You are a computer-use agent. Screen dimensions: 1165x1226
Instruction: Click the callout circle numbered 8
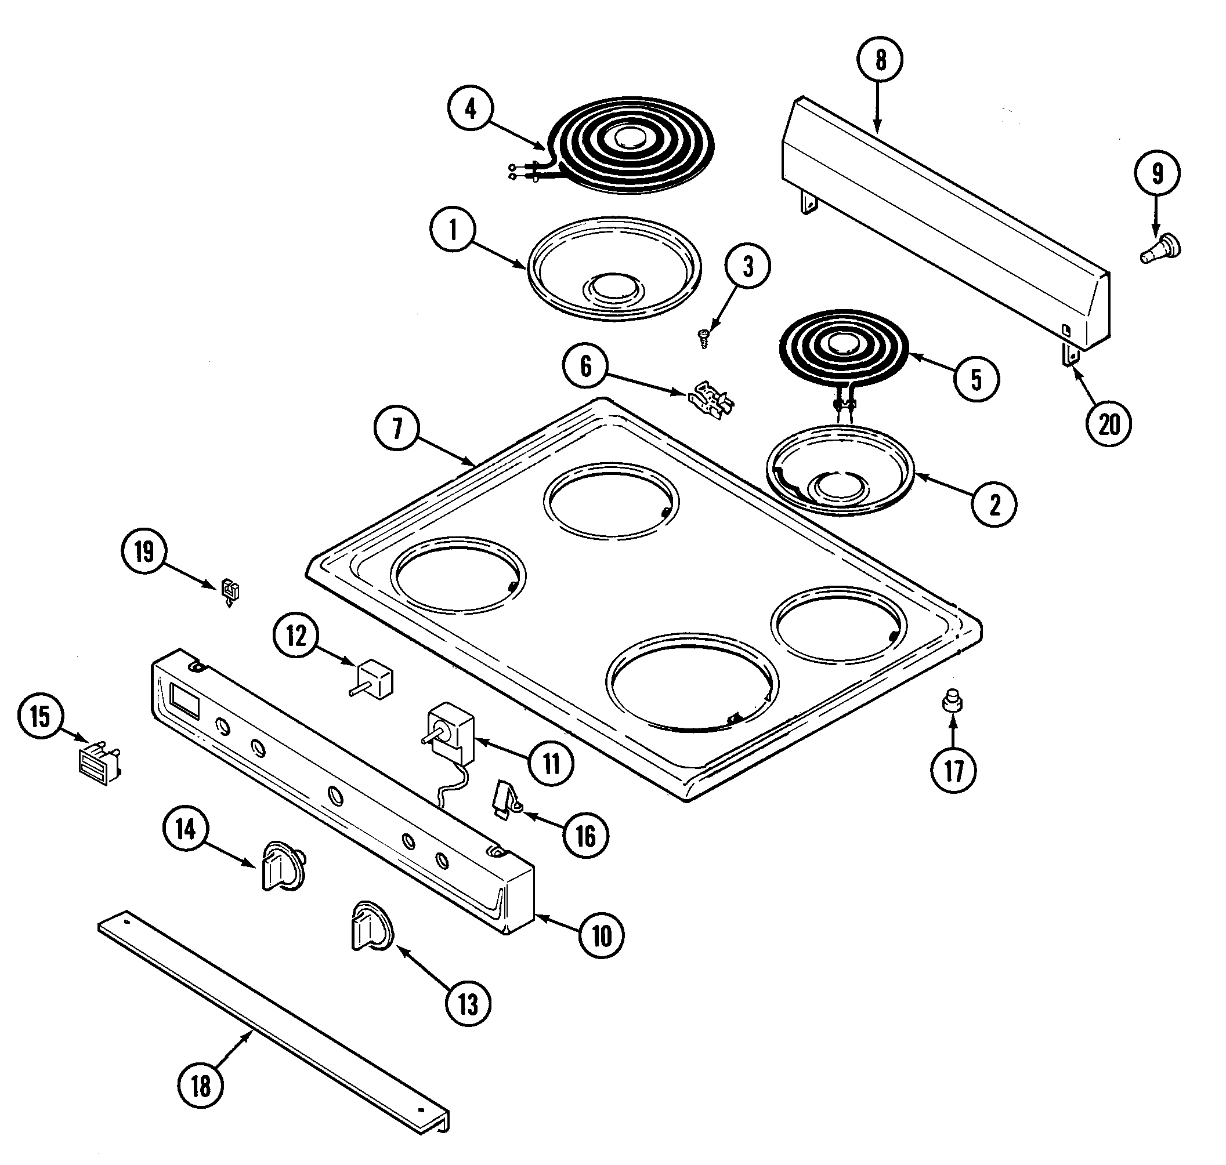pyautogui.click(x=880, y=60)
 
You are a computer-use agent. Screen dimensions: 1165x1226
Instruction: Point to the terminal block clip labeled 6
pyautogui.click(x=711, y=401)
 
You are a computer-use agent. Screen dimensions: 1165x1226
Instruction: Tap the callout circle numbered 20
pyautogui.click(x=1109, y=424)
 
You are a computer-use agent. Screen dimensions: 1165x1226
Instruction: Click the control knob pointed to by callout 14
pyautogui.click(x=283, y=866)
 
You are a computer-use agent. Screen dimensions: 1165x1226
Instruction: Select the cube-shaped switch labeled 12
pyautogui.click(x=375, y=680)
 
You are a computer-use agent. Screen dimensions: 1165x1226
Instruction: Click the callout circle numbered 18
pyautogui.click(x=200, y=1086)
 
